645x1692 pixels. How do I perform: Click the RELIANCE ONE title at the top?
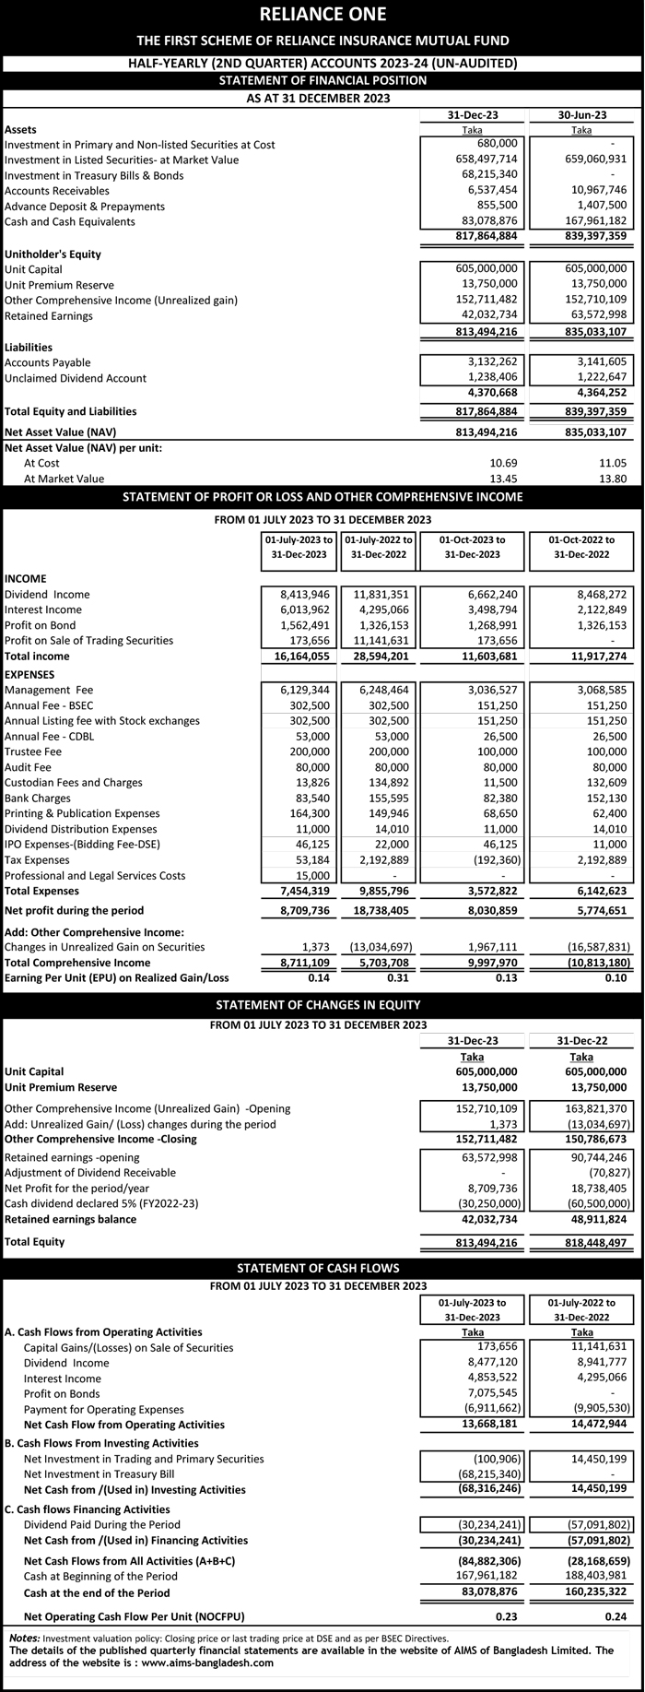[x=322, y=14]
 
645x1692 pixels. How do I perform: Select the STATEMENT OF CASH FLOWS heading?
[x=322, y=1268]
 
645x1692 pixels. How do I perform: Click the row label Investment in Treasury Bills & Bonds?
[x=94, y=175]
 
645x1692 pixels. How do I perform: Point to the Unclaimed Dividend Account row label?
[x=76, y=378]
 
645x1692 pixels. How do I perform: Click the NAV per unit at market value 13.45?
[x=502, y=479]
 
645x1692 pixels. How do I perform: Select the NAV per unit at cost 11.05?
[x=613, y=463]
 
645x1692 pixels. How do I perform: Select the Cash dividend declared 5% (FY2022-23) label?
[x=101, y=1203]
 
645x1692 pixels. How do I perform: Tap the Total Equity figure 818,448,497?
[x=592, y=1242]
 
